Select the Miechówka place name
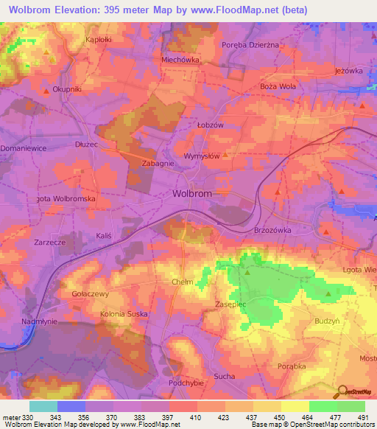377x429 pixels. pos(180,59)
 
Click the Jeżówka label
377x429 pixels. pos(349,71)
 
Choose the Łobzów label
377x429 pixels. pos(211,125)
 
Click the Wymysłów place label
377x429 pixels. pos(202,156)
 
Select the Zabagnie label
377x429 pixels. pos(158,164)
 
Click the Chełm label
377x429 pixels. pos(182,282)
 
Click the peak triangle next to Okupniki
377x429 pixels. pos(46,91)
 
